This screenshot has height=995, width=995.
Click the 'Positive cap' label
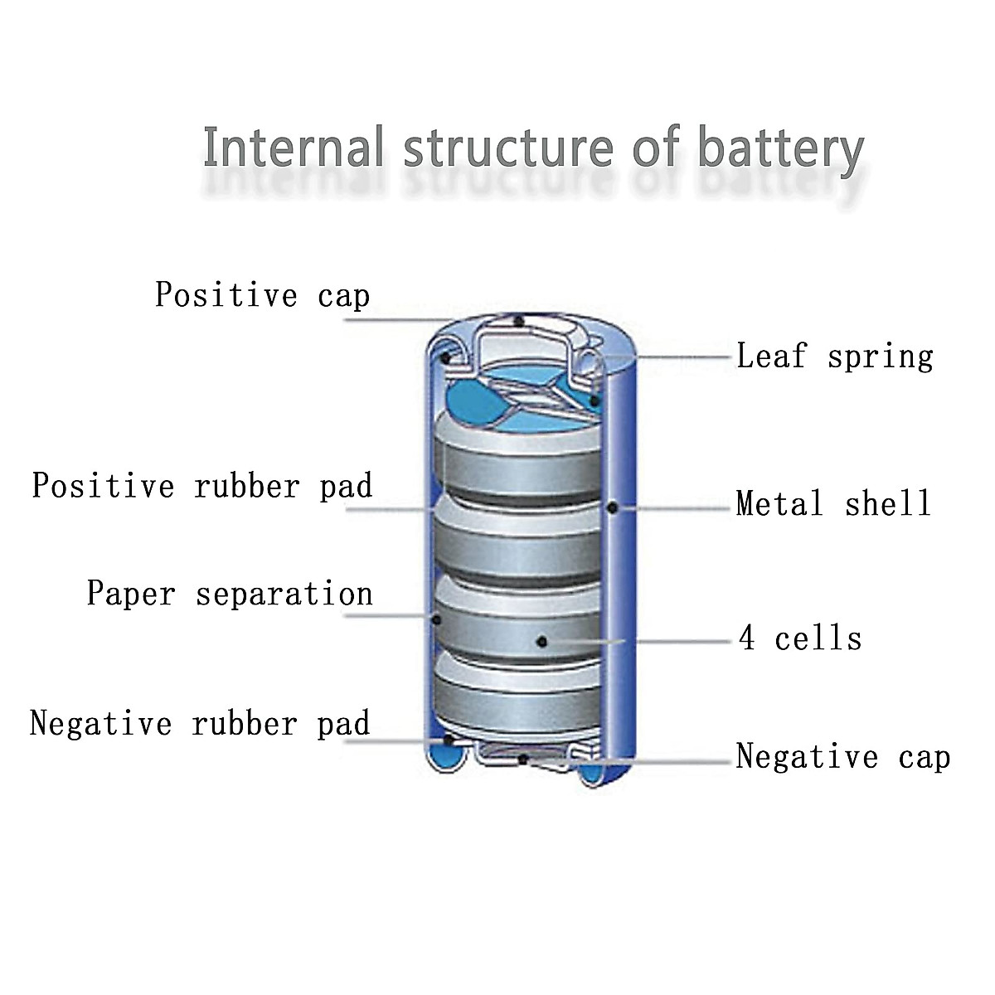(262, 295)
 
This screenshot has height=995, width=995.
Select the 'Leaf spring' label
(835, 357)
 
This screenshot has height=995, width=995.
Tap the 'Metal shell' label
(833, 503)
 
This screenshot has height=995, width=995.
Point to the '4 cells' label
(800, 638)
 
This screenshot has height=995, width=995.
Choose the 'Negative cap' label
(842, 756)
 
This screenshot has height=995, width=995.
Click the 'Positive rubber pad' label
(202, 486)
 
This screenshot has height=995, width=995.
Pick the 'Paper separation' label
(230, 594)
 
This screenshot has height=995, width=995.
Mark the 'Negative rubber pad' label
(200, 723)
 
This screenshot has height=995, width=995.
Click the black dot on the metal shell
(612, 507)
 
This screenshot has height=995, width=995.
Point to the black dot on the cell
(541, 641)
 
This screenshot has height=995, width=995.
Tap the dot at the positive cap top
(519, 321)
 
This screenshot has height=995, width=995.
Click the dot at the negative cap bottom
(522, 758)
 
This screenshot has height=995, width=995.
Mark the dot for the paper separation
(435, 618)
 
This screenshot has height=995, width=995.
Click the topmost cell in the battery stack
(518, 464)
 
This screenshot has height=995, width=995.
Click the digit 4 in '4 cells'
(747, 638)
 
